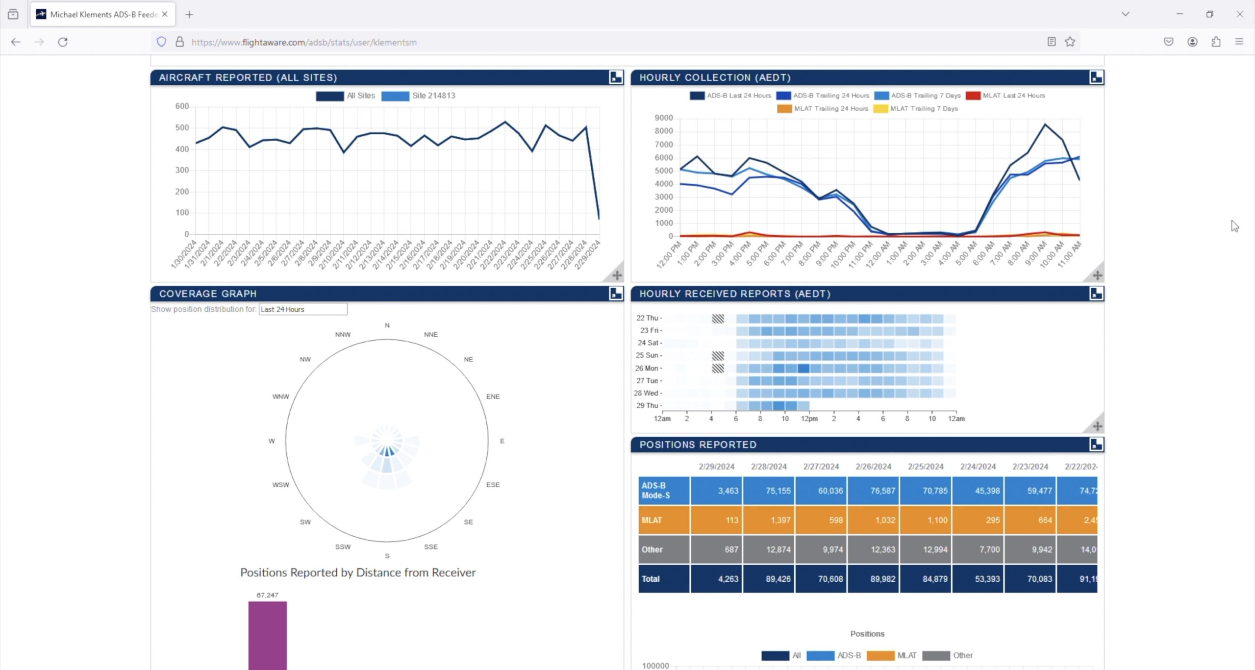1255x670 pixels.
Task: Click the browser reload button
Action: (63, 42)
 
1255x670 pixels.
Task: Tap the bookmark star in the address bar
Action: (1070, 42)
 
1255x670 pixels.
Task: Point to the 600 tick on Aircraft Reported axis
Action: (182, 106)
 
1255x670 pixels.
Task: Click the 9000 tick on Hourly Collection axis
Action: (663, 118)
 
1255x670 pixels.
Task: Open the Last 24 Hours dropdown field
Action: (302, 309)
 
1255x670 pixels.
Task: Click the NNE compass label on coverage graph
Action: (430, 335)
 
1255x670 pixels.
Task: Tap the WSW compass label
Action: (280, 485)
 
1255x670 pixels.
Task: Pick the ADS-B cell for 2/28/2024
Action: (768, 491)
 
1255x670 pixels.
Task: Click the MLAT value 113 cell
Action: (716, 520)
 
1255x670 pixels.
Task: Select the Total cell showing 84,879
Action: (925, 579)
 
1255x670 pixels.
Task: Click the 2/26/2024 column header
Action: (873, 467)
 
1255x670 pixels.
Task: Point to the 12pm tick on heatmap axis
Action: (809, 419)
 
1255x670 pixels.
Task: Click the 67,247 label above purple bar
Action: (267, 595)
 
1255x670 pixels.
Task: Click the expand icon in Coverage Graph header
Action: (616, 294)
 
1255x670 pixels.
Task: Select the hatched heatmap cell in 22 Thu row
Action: (718, 319)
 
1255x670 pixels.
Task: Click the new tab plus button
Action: (189, 15)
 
